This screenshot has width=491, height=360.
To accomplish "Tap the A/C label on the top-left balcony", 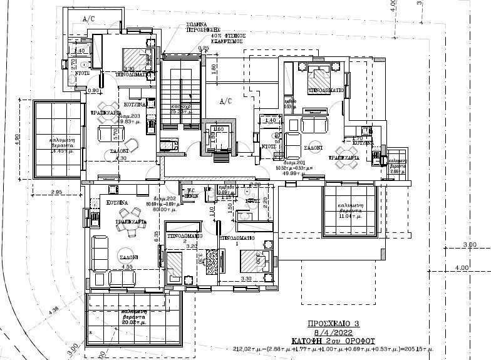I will (89, 19).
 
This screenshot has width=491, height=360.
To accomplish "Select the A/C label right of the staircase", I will (225, 100).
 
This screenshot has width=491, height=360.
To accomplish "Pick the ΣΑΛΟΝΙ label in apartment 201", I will (314, 149).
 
